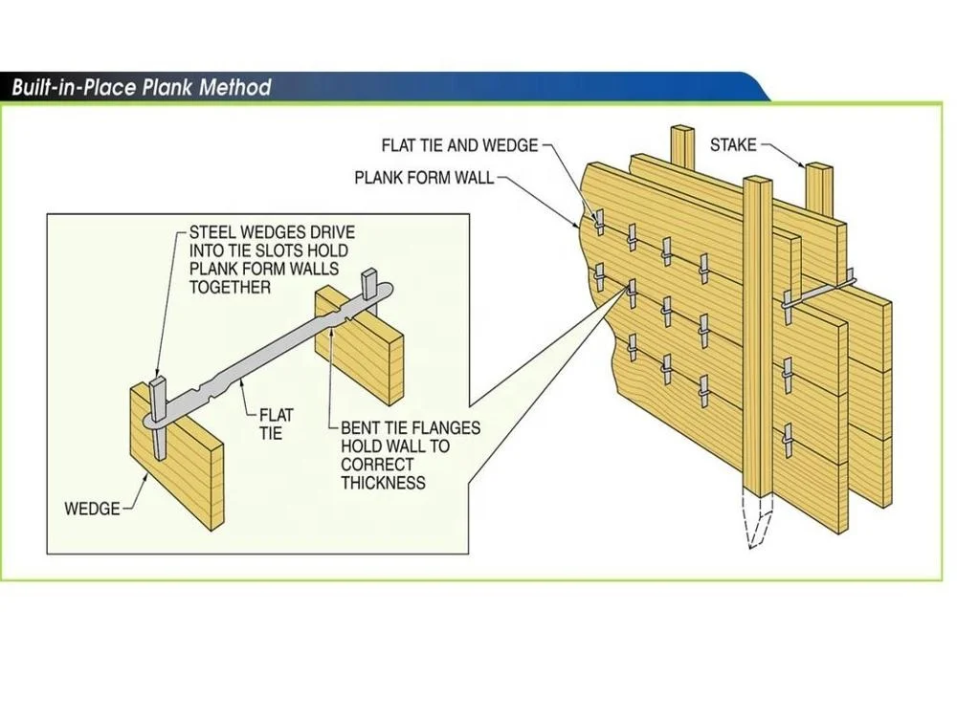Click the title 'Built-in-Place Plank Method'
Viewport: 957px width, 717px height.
pos(141,88)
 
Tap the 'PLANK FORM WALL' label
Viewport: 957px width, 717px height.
pos(424,178)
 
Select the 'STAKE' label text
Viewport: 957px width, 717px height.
pos(733,145)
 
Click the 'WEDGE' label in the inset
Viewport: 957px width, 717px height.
pos(92,509)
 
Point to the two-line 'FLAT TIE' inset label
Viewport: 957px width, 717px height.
pos(277,424)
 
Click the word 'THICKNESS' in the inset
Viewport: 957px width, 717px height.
pos(383,483)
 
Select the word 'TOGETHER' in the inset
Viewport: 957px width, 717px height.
pos(230,287)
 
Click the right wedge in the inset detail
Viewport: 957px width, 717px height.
pos(369,284)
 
